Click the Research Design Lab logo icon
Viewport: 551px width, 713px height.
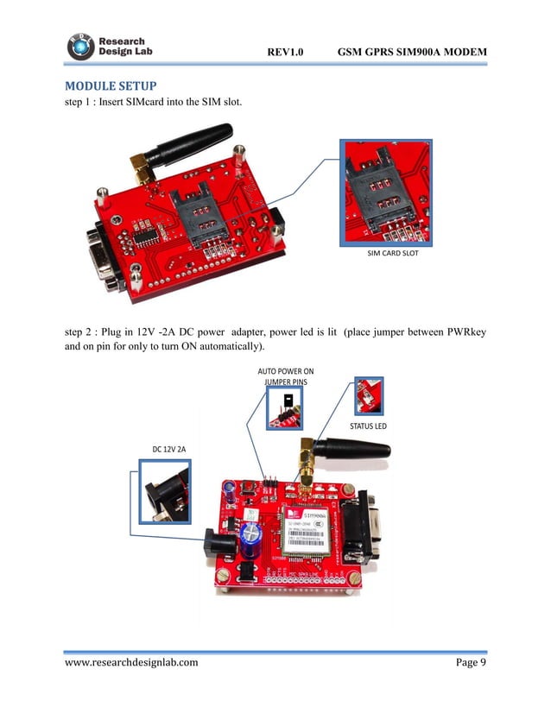[x=80, y=47]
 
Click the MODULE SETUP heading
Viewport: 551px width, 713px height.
[x=111, y=87]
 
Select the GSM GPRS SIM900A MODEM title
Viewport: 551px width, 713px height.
[x=412, y=53]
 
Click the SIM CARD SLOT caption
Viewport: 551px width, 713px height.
[x=387, y=256]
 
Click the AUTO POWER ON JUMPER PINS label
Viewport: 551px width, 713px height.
[x=286, y=376]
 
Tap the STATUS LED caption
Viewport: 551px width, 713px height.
[x=368, y=426]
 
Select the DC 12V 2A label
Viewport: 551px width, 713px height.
[x=170, y=449]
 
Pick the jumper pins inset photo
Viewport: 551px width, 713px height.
[x=285, y=406]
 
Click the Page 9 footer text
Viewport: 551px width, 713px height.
[x=471, y=662]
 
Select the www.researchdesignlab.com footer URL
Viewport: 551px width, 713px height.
[x=131, y=662]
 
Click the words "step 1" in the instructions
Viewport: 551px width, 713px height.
[x=83, y=104]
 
